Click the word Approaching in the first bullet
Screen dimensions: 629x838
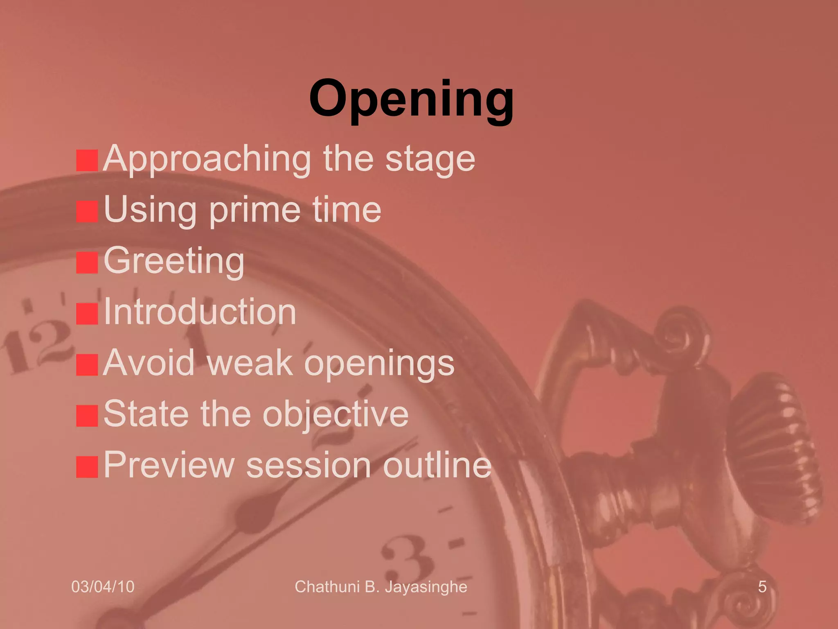207,160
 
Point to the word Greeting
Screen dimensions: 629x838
174,261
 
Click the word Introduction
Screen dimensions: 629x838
200,312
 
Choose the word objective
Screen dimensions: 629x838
336,414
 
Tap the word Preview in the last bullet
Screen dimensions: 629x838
169,465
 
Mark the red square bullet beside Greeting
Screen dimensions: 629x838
87,262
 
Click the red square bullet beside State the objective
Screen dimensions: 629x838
87,416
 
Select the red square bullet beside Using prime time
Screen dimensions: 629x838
87,211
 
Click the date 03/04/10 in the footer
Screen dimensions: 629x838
103,587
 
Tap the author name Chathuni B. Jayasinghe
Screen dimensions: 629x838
381,587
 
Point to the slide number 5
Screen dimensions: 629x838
762,587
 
